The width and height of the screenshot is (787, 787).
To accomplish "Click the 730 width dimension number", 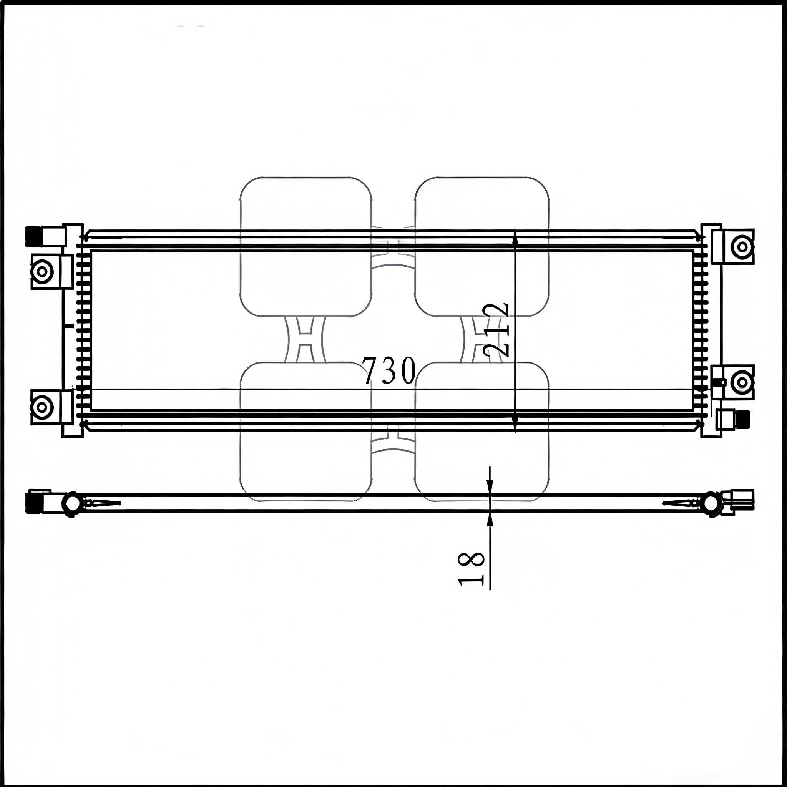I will pos(389,371).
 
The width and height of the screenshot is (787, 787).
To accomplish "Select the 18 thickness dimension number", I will pos(471,569).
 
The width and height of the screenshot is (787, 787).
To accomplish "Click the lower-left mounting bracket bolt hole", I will pos(42,406).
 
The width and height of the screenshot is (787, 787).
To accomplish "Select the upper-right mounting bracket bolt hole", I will pos(742,246).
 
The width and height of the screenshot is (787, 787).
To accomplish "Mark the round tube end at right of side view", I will pos(712,504).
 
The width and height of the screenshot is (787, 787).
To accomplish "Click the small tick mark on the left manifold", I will pos(70,325).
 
